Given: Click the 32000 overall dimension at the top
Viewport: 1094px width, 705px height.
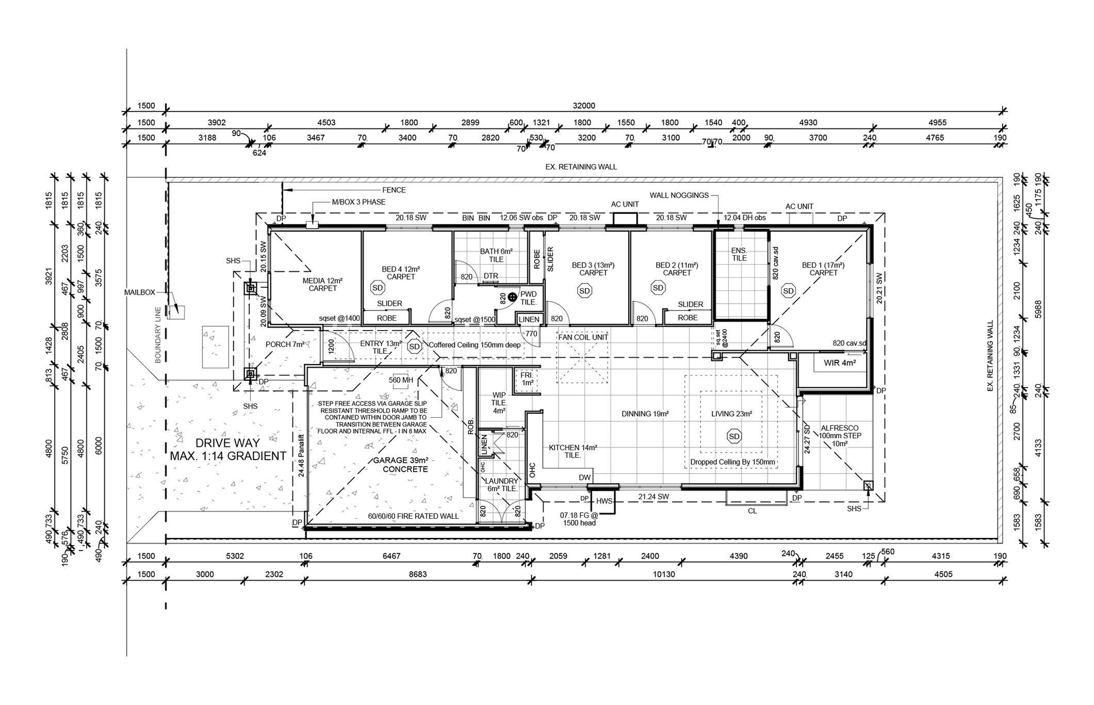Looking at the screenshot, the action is click(x=584, y=106).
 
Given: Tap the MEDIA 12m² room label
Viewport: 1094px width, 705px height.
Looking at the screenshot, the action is click(x=322, y=281).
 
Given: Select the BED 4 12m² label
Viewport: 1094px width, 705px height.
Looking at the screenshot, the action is click(x=401, y=269).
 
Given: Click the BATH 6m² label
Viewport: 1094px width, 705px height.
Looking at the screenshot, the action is click(x=496, y=252).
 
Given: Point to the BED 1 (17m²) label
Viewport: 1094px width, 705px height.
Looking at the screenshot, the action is click(x=823, y=266).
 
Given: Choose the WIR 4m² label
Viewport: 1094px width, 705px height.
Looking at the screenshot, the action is click(x=840, y=363).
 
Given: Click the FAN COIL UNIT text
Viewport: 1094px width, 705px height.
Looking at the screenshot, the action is click(x=583, y=337).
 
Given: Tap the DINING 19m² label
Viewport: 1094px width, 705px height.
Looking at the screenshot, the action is click(x=645, y=414).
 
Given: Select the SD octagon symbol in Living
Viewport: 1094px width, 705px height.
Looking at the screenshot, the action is click(x=734, y=436).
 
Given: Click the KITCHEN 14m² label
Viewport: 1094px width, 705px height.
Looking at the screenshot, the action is click(x=573, y=448).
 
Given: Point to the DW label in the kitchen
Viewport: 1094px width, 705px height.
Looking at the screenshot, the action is click(x=584, y=478).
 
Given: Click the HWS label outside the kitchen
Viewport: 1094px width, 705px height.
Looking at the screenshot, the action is click(x=604, y=501).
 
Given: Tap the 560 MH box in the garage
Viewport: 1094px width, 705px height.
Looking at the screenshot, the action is click(x=401, y=380).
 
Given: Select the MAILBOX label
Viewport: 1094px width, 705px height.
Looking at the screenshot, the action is click(x=140, y=292).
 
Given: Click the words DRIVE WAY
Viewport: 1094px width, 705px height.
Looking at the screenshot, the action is click(x=227, y=442).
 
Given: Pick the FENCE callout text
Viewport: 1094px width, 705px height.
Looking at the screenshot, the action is click(x=394, y=190).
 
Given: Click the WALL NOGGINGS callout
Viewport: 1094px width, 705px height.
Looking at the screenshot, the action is click(x=679, y=195).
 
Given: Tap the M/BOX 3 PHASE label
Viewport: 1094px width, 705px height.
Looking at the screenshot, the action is click(x=358, y=202).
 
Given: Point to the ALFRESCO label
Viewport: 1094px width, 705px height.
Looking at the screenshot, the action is click(x=840, y=428).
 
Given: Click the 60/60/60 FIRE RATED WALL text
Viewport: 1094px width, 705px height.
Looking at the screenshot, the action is click(x=413, y=516).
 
